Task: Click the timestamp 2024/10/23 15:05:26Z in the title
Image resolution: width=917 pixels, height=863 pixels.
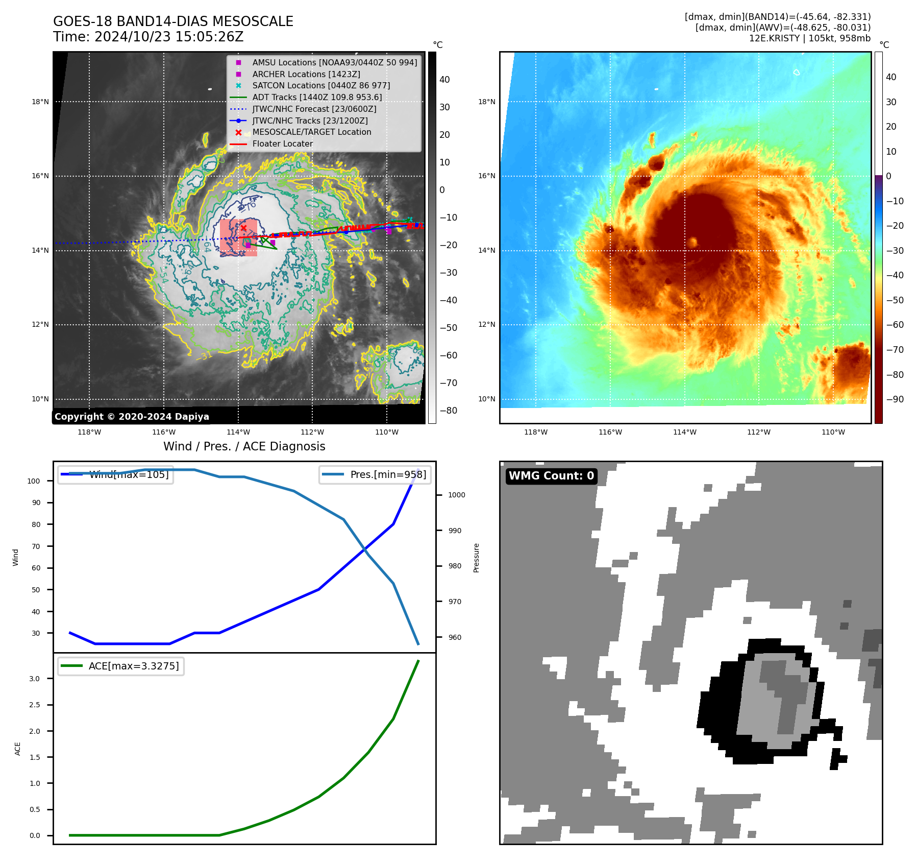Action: [169, 37]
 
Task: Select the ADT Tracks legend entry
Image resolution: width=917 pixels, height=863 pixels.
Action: [316, 97]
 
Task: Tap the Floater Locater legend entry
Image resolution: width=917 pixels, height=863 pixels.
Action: [282, 143]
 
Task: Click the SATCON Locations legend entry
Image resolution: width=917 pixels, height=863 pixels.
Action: [320, 85]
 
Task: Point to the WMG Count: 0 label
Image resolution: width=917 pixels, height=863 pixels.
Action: [551, 476]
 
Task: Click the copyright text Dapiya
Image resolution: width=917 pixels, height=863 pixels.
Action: [132, 417]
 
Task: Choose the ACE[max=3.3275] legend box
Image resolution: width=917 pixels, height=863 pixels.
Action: [121, 666]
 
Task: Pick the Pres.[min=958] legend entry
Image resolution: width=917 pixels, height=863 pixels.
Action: [375, 474]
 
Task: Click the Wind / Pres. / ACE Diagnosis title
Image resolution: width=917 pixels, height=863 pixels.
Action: [244, 446]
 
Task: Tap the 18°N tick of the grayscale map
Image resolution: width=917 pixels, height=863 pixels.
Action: [40, 102]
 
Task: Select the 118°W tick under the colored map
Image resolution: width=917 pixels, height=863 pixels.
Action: [536, 432]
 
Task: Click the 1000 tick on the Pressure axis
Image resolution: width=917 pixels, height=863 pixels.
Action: [456, 495]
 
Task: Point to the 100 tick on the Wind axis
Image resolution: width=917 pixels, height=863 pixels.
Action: [34, 481]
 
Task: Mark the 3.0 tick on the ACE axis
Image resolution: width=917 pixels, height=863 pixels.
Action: [34, 679]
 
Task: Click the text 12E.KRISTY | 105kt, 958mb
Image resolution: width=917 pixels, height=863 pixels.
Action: [809, 38]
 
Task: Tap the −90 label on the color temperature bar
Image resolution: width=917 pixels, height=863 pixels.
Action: [895, 399]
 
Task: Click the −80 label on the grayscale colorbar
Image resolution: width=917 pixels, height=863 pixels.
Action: [449, 411]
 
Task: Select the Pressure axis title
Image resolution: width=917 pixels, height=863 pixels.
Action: [476, 558]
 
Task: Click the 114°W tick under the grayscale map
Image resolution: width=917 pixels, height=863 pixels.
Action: [238, 432]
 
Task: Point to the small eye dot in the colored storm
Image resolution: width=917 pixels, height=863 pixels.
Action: [692, 243]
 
